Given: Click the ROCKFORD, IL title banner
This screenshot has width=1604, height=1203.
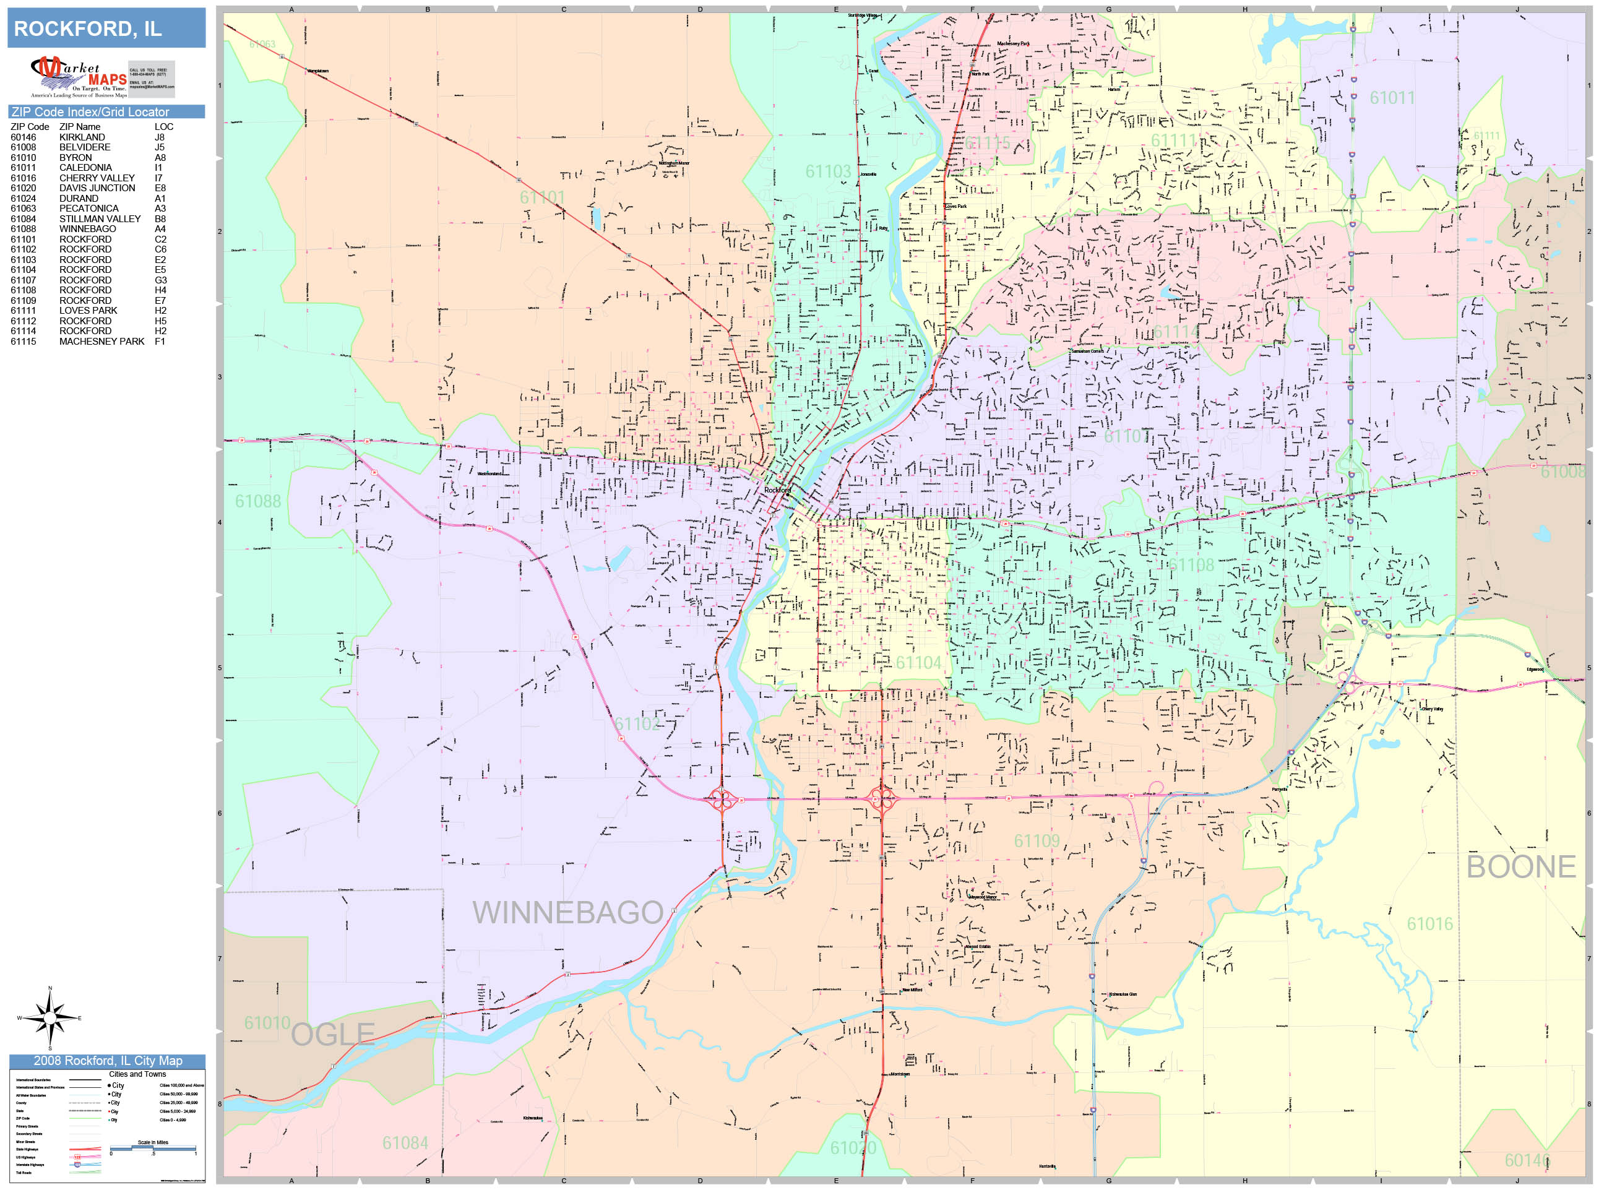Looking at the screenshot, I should point(106,28).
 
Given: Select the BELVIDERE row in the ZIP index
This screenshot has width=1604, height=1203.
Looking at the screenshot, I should point(84,147).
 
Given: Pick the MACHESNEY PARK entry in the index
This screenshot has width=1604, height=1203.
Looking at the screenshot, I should point(101,342).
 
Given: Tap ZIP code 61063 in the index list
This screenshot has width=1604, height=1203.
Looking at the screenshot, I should point(23,208).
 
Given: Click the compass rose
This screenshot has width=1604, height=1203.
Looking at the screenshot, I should point(50,1018).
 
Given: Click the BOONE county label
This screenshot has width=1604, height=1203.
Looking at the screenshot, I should point(1520,866).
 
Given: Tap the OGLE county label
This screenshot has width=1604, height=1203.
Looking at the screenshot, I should point(333,1035).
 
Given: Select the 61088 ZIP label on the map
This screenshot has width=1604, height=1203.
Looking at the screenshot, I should point(257,501).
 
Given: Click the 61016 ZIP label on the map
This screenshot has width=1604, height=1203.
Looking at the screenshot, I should point(1429,924).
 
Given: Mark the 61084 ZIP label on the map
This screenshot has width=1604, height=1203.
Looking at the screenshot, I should point(405,1143).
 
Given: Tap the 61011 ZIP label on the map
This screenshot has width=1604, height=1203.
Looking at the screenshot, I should point(1392,98).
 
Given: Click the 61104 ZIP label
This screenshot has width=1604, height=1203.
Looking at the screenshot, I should point(918,663).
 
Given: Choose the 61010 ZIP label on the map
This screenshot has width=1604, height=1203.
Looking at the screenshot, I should point(267,1023).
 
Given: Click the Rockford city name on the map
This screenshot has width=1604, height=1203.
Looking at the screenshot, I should point(777,490).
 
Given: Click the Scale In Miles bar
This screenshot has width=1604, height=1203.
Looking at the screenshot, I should point(153,1149).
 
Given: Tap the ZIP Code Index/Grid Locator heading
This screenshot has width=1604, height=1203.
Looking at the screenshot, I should point(90,111).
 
